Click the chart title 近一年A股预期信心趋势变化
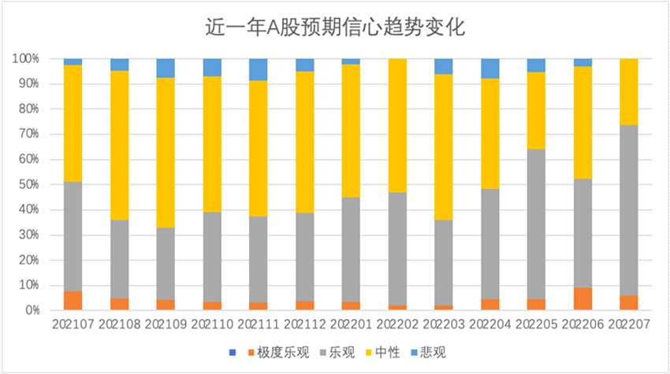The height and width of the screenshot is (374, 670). click(x=335, y=29)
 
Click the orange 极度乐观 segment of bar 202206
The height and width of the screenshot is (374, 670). click(x=583, y=299)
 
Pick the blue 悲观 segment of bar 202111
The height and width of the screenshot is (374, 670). click(x=259, y=69)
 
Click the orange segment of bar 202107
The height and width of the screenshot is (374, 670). click(x=73, y=301)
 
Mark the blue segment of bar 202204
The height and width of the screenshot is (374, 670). click(x=489, y=69)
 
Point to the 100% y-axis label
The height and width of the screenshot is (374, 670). click(x=25, y=59)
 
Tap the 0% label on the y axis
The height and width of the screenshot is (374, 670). click(x=32, y=311)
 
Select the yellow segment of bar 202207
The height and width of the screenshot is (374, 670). click(x=628, y=91)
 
